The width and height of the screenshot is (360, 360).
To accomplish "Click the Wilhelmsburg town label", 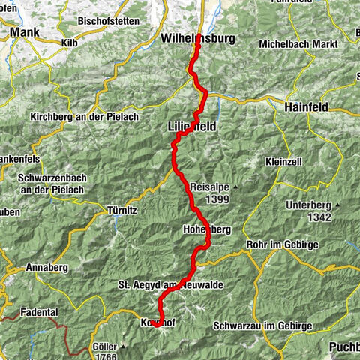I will coord(198,38).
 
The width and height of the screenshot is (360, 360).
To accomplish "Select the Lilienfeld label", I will coord(192,127).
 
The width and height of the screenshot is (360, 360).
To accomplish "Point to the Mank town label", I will coord(25,33).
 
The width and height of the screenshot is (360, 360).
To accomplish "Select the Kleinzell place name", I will coord(283,163).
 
